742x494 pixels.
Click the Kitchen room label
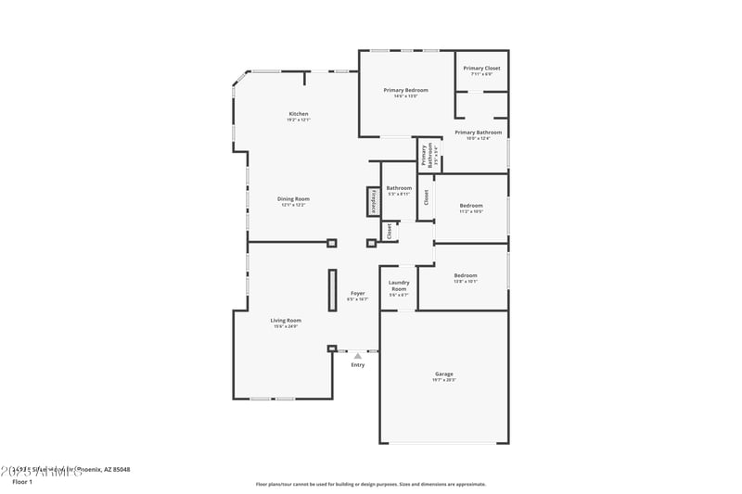[x=298, y=114]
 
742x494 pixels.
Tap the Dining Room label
[x=293, y=198]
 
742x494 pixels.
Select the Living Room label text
[x=286, y=320]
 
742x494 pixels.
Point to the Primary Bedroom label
[x=405, y=90]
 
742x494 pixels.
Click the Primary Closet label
[x=481, y=69]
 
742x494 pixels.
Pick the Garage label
[x=443, y=374]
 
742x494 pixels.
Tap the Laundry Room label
[x=398, y=285]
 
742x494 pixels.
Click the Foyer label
[x=357, y=293]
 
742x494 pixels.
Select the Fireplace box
[x=374, y=201]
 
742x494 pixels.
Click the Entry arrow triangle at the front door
[x=358, y=354]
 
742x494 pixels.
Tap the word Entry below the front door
[x=358, y=364]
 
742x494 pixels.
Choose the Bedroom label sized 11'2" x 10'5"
[x=471, y=205]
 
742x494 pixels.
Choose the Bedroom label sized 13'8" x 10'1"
[x=465, y=275]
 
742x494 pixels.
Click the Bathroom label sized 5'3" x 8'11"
[x=399, y=188]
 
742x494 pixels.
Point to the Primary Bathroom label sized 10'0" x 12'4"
[x=478, y=133]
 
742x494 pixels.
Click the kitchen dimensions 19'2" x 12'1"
[x=298, y=120]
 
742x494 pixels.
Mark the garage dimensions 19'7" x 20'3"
[x=443, y=380]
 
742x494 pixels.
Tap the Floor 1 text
[x=22, y=482]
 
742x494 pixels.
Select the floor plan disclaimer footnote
[x=370, y=484]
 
